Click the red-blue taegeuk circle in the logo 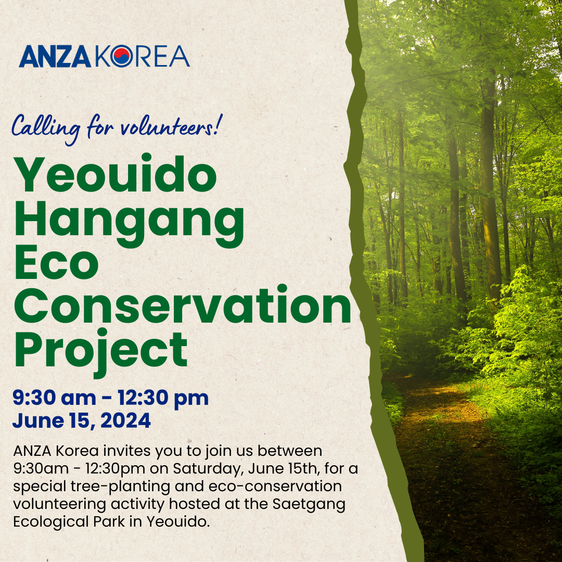(121, 56)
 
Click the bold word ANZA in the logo (55, 57)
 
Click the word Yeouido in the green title (115, 174)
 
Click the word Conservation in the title (183, 305)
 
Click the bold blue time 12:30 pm (163, 399)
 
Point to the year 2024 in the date (125, 420)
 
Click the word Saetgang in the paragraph (309, 504)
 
